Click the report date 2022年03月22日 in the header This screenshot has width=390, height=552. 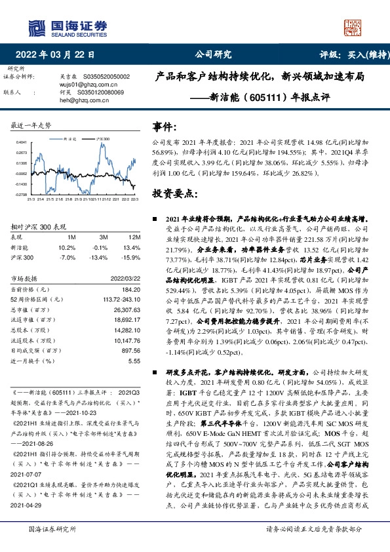click(58, 54)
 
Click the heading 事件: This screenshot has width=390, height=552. click(165, 126)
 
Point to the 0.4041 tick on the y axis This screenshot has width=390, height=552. click(22, 142)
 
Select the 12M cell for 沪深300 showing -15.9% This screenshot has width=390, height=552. click(131, 257)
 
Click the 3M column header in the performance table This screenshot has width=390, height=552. click(103, 238)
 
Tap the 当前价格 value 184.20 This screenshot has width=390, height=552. click(131, 289)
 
